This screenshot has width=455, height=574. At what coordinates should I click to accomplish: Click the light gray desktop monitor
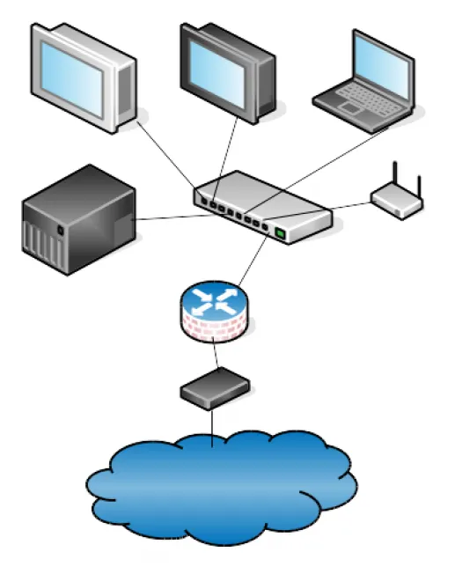[x=84, y=77]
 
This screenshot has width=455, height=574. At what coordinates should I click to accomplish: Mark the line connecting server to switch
[x=167, y=217]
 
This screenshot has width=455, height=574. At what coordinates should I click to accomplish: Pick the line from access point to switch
[x=348, y=209]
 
